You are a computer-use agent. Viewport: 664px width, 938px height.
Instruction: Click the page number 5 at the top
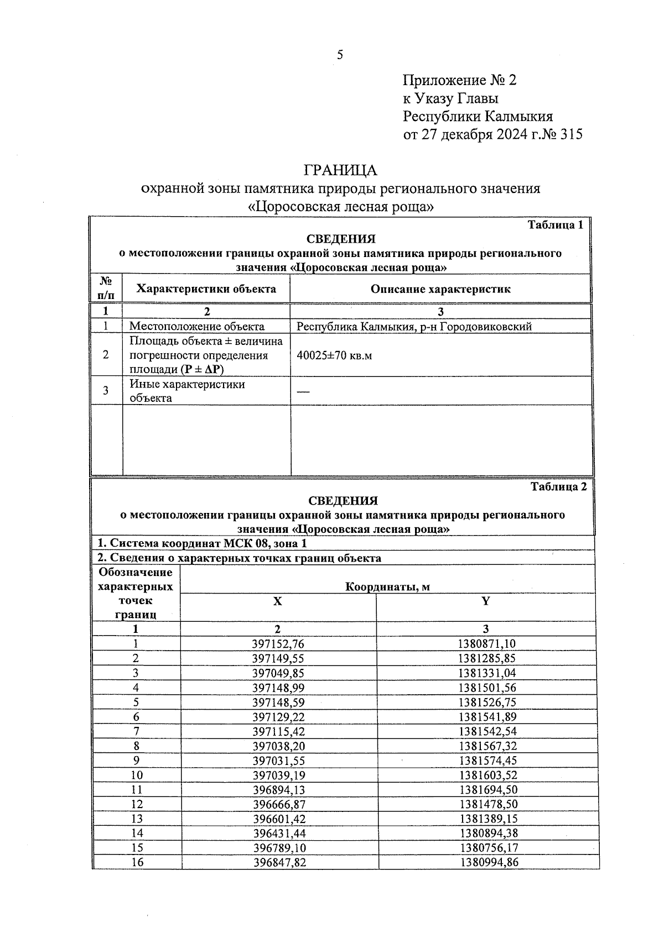pos(340,55)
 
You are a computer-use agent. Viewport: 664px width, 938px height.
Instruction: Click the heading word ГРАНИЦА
pos(340,170)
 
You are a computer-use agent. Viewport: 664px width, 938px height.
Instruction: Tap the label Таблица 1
pos(555,225)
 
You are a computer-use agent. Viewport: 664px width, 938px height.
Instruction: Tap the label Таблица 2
pos(558,486)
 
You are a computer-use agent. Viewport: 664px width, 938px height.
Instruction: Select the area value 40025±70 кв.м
pos(334,355)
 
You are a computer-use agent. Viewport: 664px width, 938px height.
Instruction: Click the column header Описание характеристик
pos(440,289)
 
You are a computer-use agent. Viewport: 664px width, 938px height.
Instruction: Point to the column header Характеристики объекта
pos(206,289)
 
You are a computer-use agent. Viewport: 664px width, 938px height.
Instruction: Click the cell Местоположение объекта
pos(196,326)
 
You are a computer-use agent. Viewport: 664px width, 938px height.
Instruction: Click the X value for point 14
pos(278,834)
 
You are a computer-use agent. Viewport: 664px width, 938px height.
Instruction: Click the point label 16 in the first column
pos(136,863)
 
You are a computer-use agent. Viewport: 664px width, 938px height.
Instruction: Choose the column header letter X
pos(277,601)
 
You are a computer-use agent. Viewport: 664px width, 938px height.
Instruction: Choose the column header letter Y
pos(485,601)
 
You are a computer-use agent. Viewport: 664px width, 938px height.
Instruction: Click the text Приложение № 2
pos(459,81)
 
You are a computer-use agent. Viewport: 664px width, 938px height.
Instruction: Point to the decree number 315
pos(571,134)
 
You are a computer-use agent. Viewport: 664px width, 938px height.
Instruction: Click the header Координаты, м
pos(387,587)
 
